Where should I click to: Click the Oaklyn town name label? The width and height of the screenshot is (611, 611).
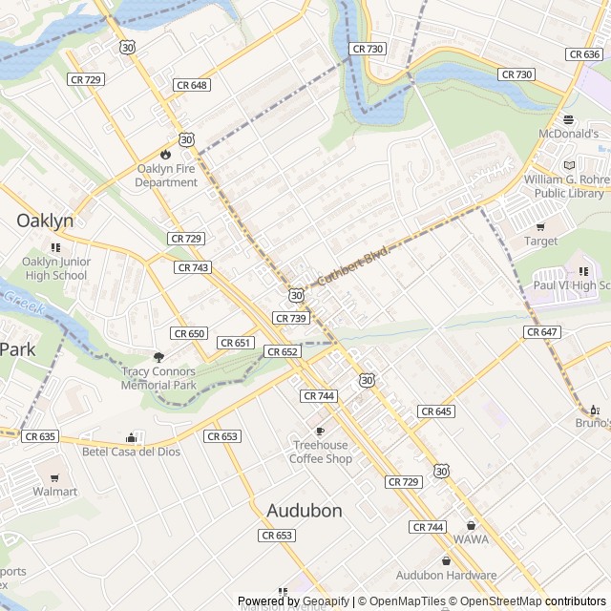(x=45, y=221)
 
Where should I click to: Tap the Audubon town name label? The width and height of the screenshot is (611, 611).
(x=305, y=511)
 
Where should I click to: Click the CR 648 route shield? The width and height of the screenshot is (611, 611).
(x=191, y=85)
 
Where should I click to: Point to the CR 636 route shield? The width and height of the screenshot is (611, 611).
(x=583, y=54)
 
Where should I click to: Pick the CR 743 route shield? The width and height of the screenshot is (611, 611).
(x=193, y=268)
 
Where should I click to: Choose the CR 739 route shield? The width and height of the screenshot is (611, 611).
(x=290, y=318)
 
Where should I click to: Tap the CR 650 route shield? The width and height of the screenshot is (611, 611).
(x=189, y=333)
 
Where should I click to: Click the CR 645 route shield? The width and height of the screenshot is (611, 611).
(x=435, y=411)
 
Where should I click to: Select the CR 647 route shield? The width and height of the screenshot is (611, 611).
(x=540, y=332)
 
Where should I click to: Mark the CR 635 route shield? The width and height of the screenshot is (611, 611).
(x=40, y=436)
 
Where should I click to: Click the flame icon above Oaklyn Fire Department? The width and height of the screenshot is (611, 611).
(x=166, y=153)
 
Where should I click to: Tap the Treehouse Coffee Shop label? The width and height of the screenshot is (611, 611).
(x=321, y=452)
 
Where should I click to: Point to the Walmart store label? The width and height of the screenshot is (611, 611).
(x=54, y=492)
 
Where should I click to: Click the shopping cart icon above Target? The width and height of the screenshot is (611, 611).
(x=540, y=227)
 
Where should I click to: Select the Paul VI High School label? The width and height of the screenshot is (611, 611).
(x=571, y=284)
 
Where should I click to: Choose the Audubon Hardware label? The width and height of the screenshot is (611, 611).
(x=446, y=575)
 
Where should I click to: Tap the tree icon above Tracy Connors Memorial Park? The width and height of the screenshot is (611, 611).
(x=158, y=357)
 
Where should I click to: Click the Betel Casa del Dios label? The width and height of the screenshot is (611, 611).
(x=131, y=452)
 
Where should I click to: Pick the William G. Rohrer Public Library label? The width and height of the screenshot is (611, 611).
(x=569, y=186)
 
